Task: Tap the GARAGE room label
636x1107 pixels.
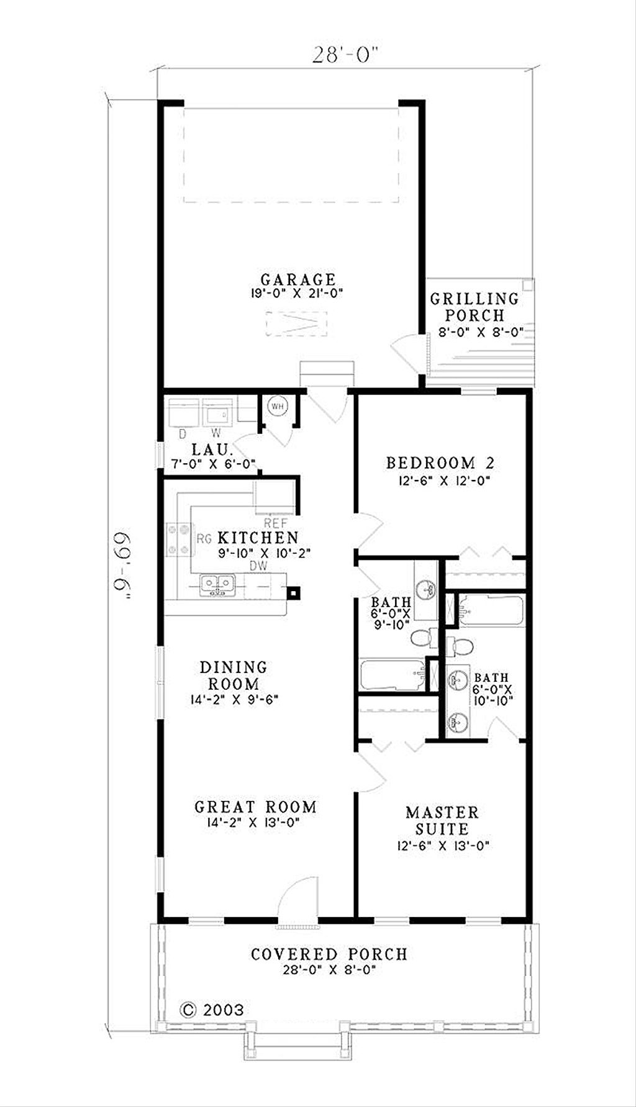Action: coord(298,279)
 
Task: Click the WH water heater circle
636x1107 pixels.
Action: coord(276,406)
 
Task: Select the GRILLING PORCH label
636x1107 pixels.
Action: coord(475,307)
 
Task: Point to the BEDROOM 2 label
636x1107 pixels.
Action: coord(440,463)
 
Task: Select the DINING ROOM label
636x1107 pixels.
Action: coord(233,675)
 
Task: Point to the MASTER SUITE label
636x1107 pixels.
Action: coord(442,820)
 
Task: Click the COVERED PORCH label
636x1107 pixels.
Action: coord(329,954)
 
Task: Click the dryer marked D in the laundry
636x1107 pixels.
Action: coord(183,413)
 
